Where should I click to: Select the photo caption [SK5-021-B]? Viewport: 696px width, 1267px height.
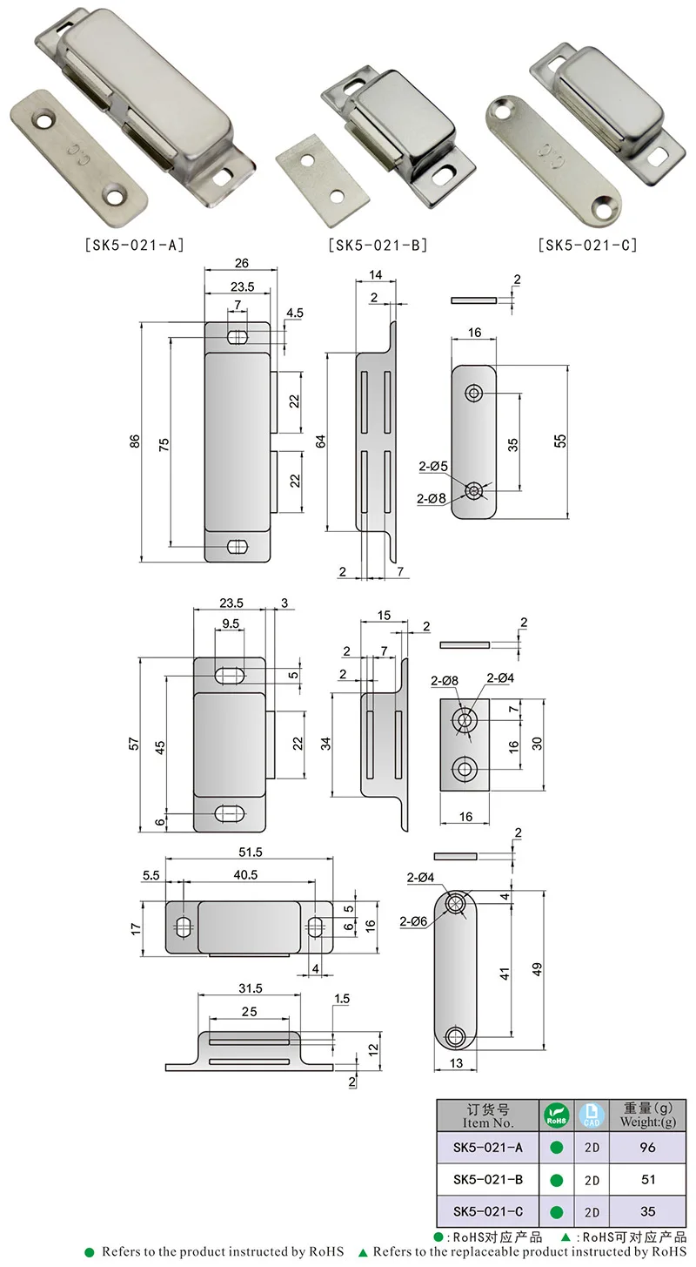click(x=378, y=245)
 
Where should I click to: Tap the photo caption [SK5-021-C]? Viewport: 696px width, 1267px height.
click(x=587, y=245)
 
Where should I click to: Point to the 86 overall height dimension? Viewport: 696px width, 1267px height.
click(x=135, y=441)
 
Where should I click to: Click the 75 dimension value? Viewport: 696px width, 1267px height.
click(x=164, y=441)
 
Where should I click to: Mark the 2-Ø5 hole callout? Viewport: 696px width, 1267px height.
click(x=432, y=467)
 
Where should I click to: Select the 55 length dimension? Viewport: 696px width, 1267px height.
click(x=561, y=441)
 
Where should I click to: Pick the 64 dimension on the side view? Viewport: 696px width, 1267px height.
click(x=320, y=441)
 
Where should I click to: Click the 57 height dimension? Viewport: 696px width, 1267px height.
click(x=133, y=744)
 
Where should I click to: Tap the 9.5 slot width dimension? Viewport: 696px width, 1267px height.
click(x=231, y=623)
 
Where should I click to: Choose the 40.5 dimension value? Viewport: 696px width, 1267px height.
click(x=250, y=875)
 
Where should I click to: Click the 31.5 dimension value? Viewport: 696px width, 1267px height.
click(x=250, y=989)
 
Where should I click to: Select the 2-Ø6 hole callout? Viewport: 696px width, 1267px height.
click(x=414, y=920)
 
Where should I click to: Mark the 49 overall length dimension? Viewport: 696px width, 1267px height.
click(x=537, y=968)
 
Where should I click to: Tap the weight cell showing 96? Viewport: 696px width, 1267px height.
click(x=646, y=1148)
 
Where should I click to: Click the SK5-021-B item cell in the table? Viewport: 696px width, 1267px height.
click(x=488, y=1180)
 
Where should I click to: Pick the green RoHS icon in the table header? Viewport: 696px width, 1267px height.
click(x=555, y=1115)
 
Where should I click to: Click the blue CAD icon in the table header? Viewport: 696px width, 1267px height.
click(x=592, y=1115)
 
